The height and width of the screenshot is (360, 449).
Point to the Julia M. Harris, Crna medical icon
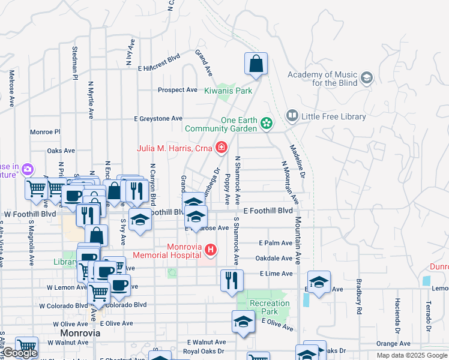[221, 147]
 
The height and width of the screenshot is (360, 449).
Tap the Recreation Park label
[270, 307]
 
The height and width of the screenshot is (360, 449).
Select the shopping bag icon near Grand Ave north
[256, 64]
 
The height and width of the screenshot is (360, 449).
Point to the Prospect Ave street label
[177, 90]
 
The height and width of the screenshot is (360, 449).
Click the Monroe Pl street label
[46, 131]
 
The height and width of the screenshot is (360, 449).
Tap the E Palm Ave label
[276, 243]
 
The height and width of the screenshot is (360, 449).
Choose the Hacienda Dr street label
[397, 316]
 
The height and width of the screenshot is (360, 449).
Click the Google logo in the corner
[20, 353]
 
